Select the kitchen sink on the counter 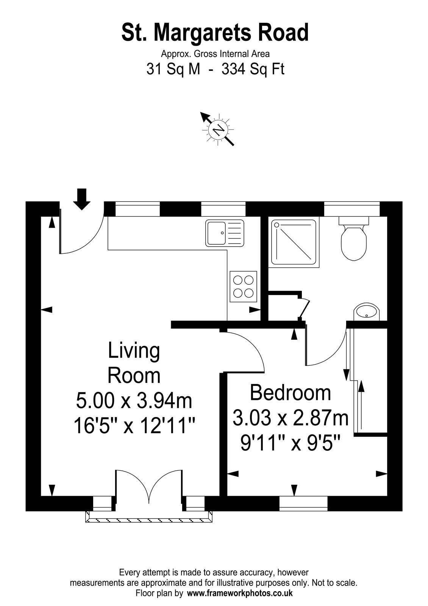pyautogui.click(x=225, y=233)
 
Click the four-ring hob pyautogui.click(x=243, y=286)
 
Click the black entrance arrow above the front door pyautogui.click(x=82, y=199)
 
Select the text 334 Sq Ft pyautogui.click(x=253, y=69)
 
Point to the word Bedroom pyautogui.click(x=290, y=392)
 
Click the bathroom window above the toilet pyautogui.click(x=352, y=209)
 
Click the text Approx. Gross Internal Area pyautogui.click(x=216, y=54)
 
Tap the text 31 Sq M pyautogui.click(x=173, y=69)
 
